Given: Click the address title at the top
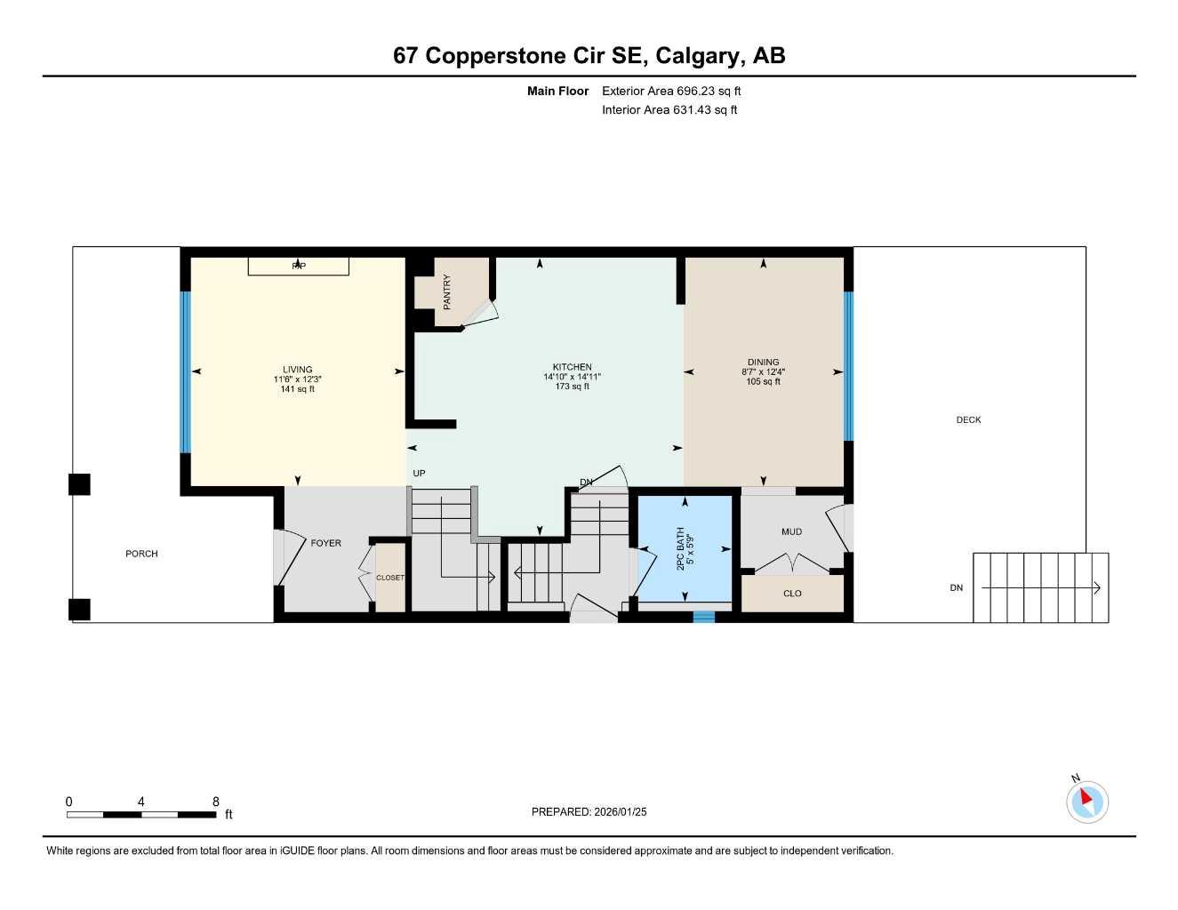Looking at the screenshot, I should point(589,56).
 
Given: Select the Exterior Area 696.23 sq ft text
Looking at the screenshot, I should point(671,91).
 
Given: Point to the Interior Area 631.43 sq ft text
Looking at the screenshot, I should point(669,110).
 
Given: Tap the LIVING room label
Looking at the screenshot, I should point(298,370).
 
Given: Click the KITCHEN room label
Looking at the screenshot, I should point(572,367).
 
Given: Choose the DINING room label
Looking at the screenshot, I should point(763,363).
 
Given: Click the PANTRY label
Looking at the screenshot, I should point(447,291).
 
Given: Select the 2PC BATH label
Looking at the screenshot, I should point(681,548).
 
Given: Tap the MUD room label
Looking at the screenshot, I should point(791,531).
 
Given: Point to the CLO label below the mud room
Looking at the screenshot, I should point(792,594).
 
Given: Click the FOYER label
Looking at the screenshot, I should point(325,543).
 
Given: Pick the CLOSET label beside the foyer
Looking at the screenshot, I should point(390,578).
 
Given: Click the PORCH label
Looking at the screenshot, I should point(141,554).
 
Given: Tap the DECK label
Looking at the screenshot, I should point(968,419).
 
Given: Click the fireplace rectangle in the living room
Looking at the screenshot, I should point(298,266).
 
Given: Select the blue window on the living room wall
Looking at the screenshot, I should point(186,372).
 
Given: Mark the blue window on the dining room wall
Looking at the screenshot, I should point(848,366).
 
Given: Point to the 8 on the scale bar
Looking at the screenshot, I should point(216,802).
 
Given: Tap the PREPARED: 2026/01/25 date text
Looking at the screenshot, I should point(589,811).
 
